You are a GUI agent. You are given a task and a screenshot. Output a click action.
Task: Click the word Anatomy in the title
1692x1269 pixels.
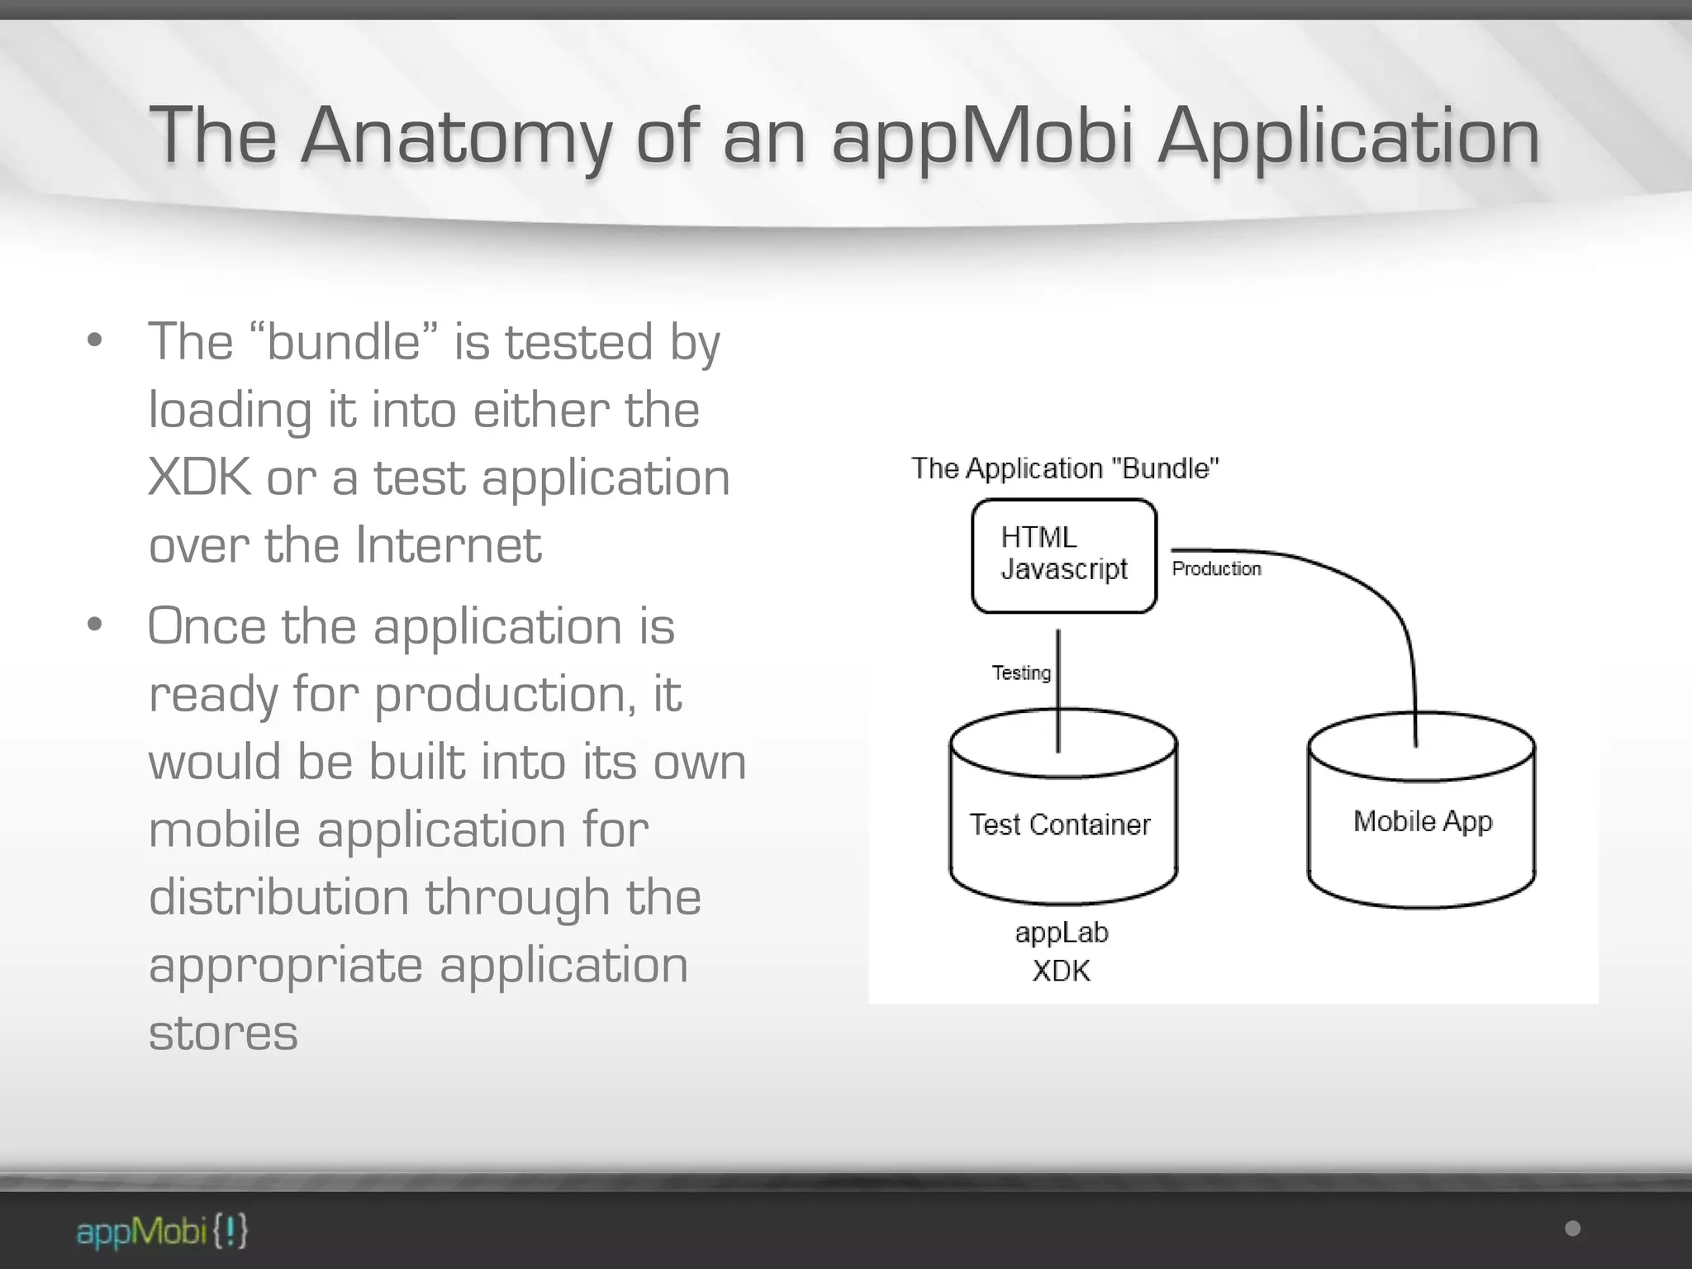457,136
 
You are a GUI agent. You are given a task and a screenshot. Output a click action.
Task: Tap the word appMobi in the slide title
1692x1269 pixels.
981,136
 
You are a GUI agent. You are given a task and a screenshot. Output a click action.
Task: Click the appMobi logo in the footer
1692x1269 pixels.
162,1231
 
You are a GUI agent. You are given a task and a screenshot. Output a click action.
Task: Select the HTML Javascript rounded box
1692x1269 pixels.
1063,555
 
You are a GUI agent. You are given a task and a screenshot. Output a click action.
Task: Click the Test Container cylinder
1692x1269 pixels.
1062,825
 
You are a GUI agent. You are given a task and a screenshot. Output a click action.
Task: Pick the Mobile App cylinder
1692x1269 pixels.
1422,821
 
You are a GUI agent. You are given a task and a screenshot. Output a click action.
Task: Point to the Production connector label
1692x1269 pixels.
1216,568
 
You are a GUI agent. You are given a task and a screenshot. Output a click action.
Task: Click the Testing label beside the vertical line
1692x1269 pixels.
1021,673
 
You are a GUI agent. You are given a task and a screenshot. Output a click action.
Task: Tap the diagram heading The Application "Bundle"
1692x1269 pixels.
1064,468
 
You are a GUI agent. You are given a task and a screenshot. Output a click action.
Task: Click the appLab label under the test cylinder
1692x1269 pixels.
1062,932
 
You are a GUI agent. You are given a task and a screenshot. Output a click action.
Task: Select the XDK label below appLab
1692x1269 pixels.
1062,970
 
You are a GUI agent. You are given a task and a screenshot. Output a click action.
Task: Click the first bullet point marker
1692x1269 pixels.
95,340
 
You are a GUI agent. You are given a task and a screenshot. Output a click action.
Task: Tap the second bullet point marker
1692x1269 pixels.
95,625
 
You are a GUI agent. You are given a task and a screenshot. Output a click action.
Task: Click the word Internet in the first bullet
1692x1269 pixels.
449,545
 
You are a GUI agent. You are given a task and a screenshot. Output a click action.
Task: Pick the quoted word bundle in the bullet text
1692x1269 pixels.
343,342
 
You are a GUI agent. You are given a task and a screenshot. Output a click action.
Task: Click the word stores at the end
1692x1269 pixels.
223,1033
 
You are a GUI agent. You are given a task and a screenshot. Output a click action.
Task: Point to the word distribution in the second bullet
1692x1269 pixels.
278,897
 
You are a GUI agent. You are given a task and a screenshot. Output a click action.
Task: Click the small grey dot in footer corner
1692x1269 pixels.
1573,1229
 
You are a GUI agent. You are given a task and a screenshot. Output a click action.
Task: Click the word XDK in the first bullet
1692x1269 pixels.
199,478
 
